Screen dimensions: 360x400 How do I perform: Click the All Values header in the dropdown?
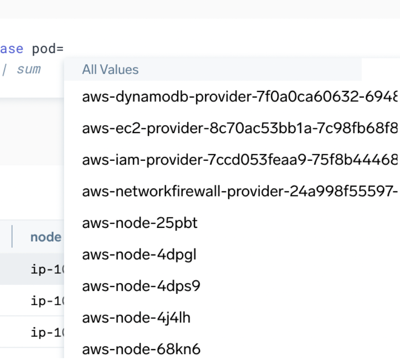click(x=111, y=70)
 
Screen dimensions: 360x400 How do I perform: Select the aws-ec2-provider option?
click(x=239, y=128)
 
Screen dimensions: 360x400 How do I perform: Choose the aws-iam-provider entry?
click(x=239, y=160)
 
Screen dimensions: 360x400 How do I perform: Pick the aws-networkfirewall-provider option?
click(x=239, y=192)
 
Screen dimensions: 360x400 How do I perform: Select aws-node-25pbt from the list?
click(x=140, y=223)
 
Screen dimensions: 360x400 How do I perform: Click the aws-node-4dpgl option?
click(x=139, y=255)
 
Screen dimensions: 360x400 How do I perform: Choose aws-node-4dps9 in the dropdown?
click(x=141, y=286)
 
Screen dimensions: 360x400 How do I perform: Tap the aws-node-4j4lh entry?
click(x=136, y=318)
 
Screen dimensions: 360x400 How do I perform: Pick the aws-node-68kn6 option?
click(x=141, y=349)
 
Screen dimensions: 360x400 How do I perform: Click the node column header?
click(x=45, y=237)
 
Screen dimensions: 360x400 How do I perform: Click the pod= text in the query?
click(x=47, y=49)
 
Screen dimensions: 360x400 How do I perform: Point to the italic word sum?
click(x=29, y=70)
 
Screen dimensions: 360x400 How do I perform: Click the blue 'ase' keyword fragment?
click(x=11, y=49)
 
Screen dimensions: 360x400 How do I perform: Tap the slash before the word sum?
click(x=5, y=70)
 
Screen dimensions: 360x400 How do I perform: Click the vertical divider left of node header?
click(x=12, y=237)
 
